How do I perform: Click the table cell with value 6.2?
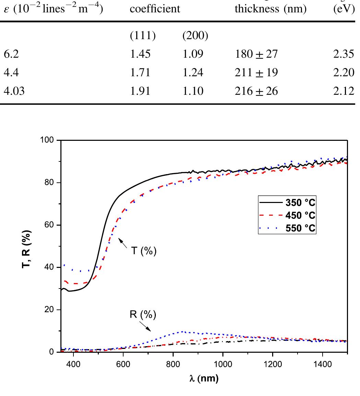click(x=10, y=54)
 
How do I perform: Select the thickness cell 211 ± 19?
click(x=256, y=72)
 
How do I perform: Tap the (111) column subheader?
click(x=142, y=36)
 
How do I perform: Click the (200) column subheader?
click(x=195, y=36)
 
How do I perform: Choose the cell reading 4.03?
click(x=14, y=91)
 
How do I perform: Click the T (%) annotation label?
click(x=144, y=251)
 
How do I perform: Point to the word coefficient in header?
click(x=155, y=9)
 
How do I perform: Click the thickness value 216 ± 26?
click(x=256, y=91)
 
